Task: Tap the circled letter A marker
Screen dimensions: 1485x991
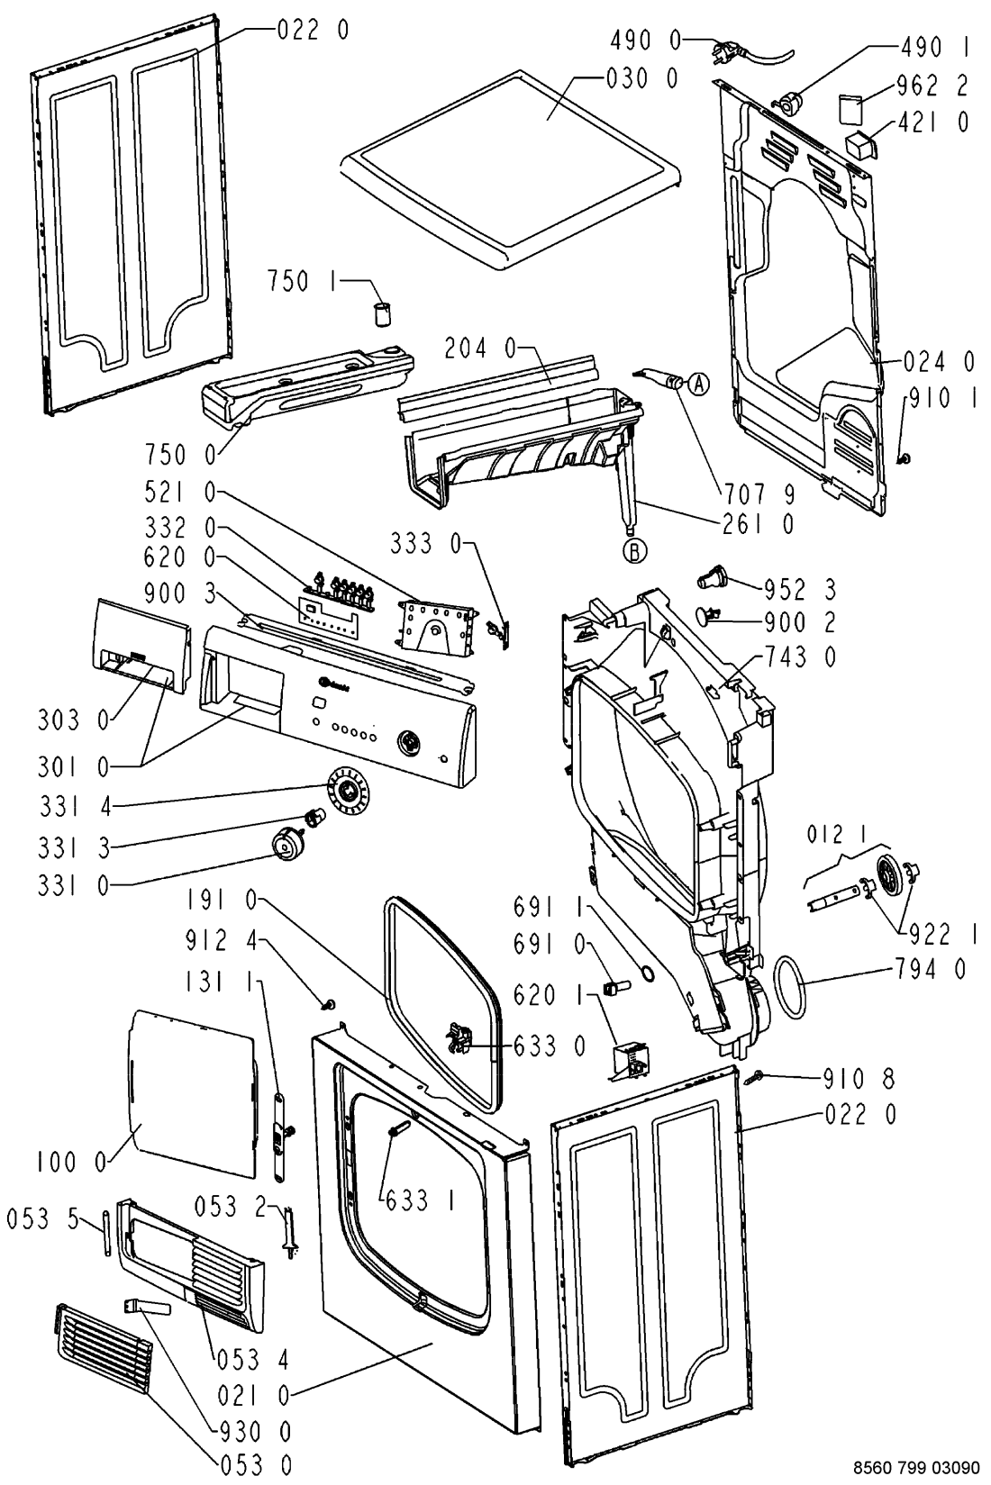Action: (x=700, y=385)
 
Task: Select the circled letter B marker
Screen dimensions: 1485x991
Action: (x=637, y=551)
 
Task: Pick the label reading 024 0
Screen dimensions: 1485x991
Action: (x=938, y=362)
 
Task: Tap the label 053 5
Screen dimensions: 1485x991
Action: (x=42, y=1218)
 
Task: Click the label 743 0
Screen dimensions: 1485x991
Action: (x=800, y=656)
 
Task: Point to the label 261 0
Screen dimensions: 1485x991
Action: (x=759, y=522)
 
